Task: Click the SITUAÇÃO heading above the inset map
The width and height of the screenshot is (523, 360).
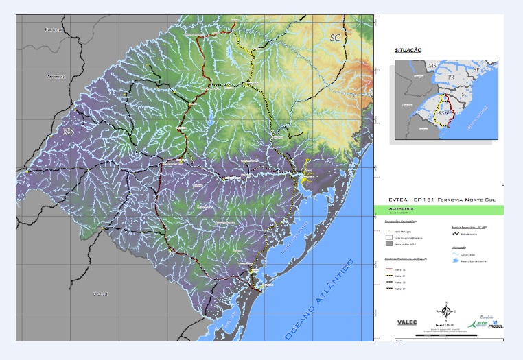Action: click(408, 51)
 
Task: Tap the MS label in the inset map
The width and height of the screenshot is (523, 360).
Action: click(432, 65)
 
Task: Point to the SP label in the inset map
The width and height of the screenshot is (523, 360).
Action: click(476, 71)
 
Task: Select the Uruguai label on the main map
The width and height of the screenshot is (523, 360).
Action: click(100, 293)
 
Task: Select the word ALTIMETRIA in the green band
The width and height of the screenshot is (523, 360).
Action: click(402, 209)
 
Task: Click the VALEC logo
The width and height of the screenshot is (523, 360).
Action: click(408, 322)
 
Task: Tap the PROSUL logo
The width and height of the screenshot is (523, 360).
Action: click(496, 325)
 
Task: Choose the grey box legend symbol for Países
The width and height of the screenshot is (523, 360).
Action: click(389, 243)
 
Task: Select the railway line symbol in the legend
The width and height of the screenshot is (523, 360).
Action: click(454, 233)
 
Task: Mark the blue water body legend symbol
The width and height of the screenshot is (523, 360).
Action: click(454, 261)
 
